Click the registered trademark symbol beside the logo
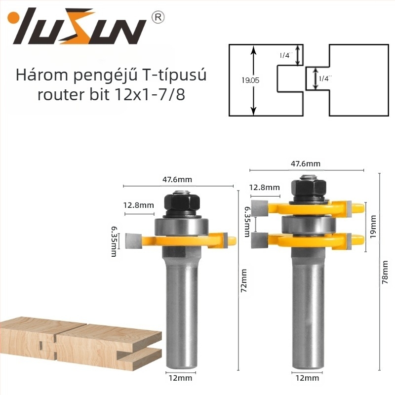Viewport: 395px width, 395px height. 158,17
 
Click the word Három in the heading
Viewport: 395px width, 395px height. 42,75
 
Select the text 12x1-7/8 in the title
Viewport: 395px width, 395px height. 150,95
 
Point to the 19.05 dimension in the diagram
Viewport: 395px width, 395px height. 250,80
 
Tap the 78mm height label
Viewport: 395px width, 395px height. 385,273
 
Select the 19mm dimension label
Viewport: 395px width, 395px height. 373,227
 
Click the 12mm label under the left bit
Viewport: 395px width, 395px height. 180,378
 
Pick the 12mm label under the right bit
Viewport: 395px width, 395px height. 307,378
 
